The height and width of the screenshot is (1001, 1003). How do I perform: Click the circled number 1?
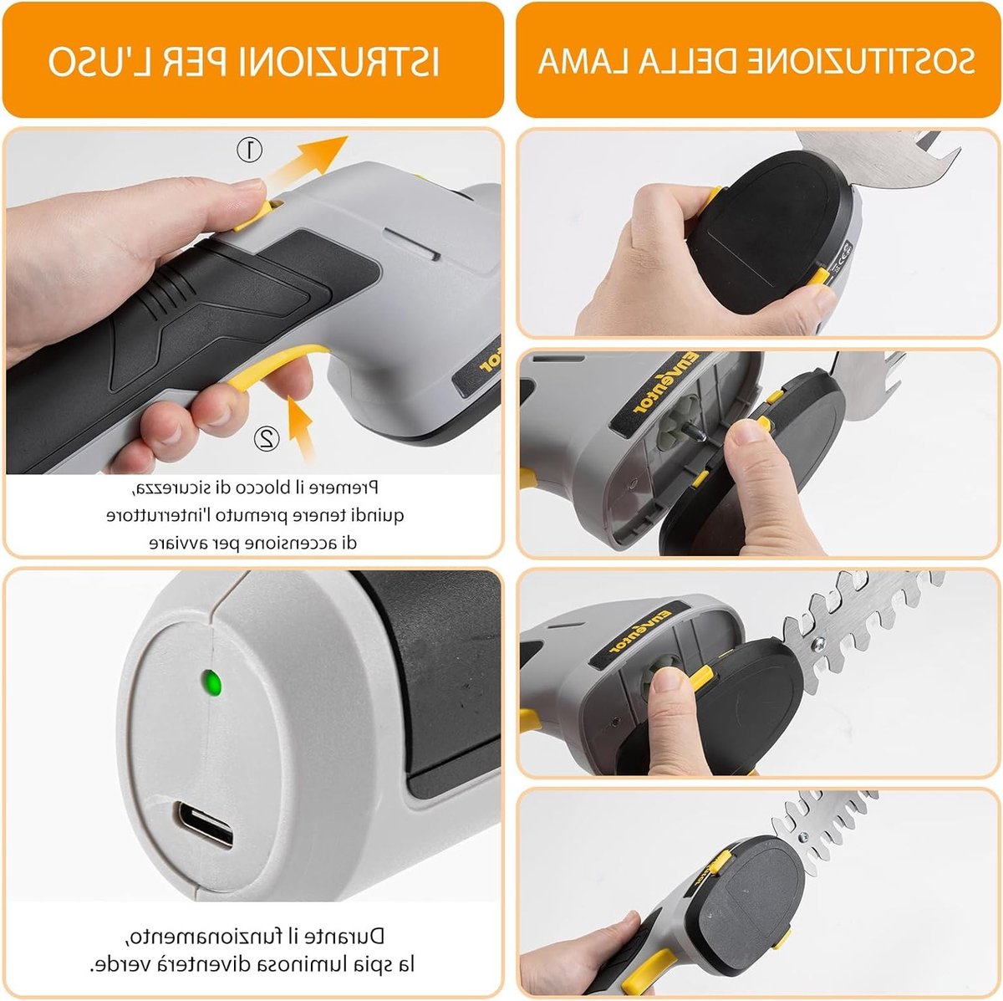point(249,150)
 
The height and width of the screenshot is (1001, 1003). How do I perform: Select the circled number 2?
point(267,439)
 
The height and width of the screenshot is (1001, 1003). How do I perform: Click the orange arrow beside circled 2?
point(301,427)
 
